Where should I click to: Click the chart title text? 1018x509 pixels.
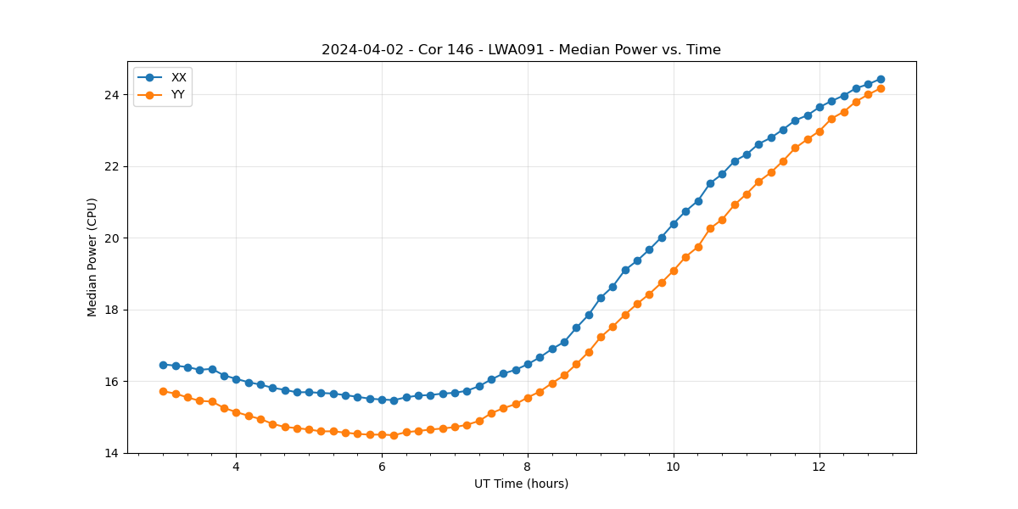pos(521,50)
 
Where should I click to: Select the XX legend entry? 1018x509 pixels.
pos(178,77)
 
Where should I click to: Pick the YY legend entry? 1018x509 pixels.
pos(178,95)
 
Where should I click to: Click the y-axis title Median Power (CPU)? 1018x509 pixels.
pos(92,257)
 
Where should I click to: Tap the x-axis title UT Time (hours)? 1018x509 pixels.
pos(521,484)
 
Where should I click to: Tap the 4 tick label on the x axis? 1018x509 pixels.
pos(236,467)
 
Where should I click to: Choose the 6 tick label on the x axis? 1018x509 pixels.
pos(382,467)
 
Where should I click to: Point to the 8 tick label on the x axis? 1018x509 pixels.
pos(528,467)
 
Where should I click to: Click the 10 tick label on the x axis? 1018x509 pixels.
pos(674,467)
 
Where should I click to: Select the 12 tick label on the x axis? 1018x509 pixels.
pos(819,467)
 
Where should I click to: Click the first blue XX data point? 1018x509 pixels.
pos(163,365)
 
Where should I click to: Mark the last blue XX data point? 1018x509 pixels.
pos(881,79)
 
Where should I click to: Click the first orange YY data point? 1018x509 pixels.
pos(163,391)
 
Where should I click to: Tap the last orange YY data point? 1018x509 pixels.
pos(881,88)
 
